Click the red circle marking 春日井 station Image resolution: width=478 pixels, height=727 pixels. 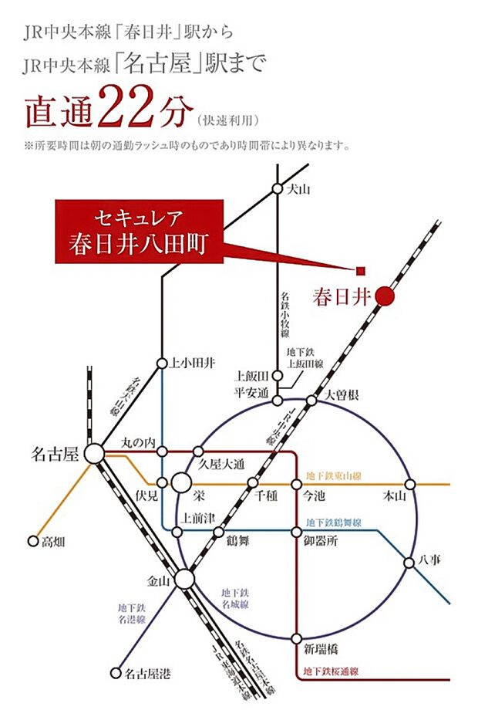click(x=385, y=296)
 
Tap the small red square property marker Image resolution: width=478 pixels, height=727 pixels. click(x=360, y=270)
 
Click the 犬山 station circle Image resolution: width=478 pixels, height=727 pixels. click(x=278, y=188)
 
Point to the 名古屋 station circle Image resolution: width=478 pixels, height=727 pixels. click(x=95, y=454)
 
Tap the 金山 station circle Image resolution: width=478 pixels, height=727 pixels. click(x=184, y=579)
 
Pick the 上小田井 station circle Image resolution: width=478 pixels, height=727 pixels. click(x=162, y=363)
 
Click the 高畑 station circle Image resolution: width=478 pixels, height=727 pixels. click(x=32, y=541)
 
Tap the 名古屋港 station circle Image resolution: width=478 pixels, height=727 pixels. click(x=116, y=673)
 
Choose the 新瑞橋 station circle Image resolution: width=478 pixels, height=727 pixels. click(x=296, y=639)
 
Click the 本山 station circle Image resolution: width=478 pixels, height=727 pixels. click(x=409, y=484)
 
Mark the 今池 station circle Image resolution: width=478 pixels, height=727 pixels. click(x=296, y=484)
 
